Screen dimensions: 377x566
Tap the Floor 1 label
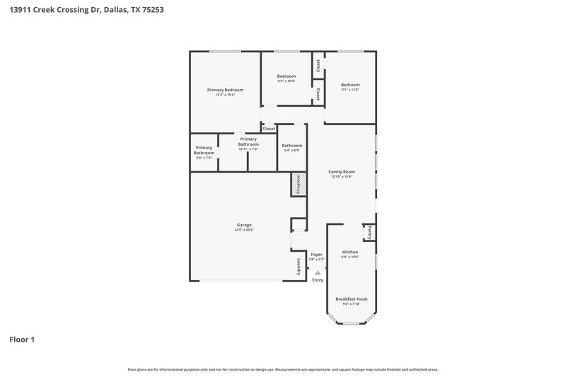click(22, 340)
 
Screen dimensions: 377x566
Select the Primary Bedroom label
click(225, 90)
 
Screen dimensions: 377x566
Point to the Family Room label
click(342, 172)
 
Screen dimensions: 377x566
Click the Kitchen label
click(350, 252)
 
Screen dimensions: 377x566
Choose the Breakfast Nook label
click(351, 299)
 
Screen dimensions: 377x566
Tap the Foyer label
click(316, 253)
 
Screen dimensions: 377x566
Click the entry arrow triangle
click(318, 272)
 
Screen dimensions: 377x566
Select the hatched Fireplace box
click(298, 185)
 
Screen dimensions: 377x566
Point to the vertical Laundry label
click(299, 268)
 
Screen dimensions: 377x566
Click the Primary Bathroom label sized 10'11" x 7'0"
click(248, 141)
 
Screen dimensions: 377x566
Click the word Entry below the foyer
click(318, 280)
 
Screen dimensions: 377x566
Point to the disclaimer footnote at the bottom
click(282, 369)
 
